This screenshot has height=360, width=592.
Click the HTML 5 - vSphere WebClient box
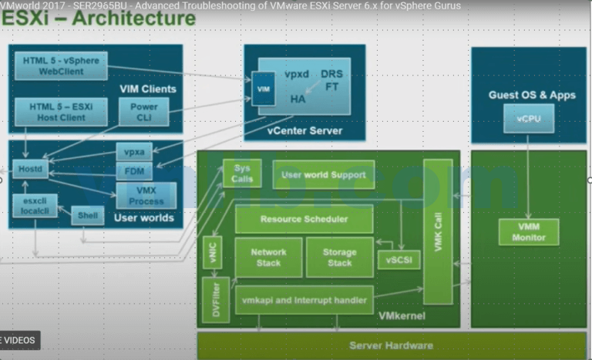tap(59, 66)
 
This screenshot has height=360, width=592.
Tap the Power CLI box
tap(143, 112)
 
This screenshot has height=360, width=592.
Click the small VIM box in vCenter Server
tap(264, 89)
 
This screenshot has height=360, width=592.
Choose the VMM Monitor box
tap(528, 232)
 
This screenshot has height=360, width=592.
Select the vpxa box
tap(134, 152)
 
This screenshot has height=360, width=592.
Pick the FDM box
tap(134, 171)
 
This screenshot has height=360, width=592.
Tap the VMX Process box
tap(145, 195)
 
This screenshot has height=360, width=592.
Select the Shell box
tap(87, 216)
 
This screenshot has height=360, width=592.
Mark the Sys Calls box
tap(242, 175)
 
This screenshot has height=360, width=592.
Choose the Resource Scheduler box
tap(304, 219)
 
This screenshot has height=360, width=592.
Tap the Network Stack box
tap(268, 257)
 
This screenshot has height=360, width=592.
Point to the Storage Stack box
tap(339, 257)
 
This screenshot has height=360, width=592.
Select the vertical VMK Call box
tap(439, 231)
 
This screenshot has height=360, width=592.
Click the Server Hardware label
tap(391, 345)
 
